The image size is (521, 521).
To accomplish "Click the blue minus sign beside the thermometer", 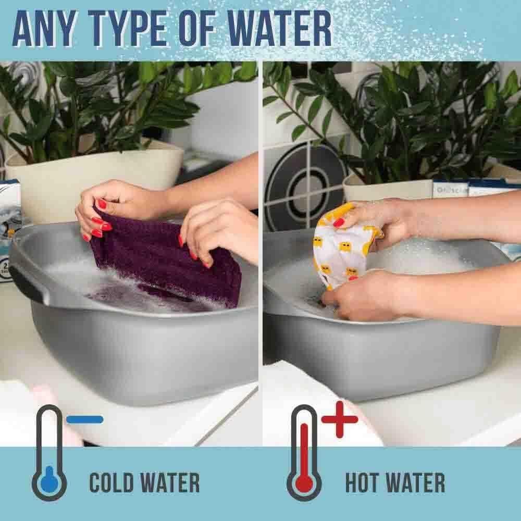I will [85, 419].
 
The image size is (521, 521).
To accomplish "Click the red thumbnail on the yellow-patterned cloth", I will [339, 222].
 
